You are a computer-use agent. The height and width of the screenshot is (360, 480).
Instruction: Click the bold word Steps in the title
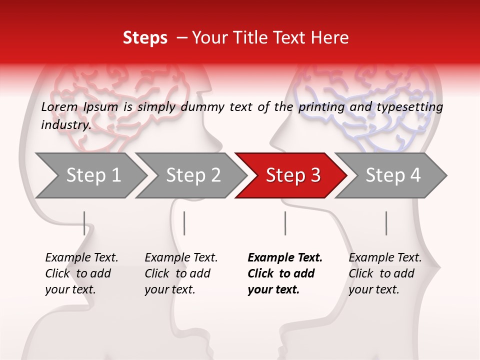pos(145,38)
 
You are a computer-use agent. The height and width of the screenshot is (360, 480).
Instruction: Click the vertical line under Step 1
pos(84,223)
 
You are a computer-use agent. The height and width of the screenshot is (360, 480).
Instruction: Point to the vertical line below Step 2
pos(184,223)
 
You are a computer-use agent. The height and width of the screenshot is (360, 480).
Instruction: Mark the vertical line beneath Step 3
pos(285,223)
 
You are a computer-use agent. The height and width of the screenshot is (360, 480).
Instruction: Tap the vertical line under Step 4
pos(386,223)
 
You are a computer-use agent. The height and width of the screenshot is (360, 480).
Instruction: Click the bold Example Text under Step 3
pos(284,273)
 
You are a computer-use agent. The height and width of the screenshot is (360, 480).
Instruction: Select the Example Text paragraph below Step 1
pos(81,273)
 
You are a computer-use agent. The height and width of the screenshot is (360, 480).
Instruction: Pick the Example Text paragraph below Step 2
pos(181,273)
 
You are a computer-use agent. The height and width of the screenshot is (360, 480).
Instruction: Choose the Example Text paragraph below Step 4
pos(385,273)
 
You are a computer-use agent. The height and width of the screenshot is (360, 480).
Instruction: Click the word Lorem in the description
pos(59,107)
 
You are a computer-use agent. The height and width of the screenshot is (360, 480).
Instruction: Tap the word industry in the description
pos(65,125)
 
